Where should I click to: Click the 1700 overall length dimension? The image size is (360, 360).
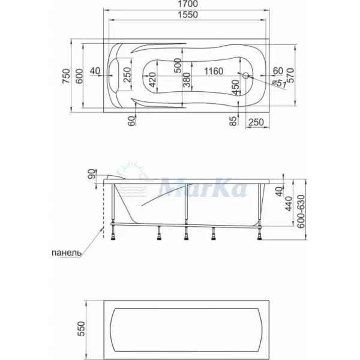click(x=188, y=4)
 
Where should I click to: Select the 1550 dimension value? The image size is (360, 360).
click(x=188, y=14)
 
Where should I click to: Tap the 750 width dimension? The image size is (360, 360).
click(x=66, y=76)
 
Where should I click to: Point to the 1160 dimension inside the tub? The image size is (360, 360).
click(x=214, y=71)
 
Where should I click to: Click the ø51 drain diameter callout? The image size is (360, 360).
click(x=278, y=83)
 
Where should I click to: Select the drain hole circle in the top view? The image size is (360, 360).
click(x=246, y=75)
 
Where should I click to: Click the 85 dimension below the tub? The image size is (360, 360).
click(x=233, y=121)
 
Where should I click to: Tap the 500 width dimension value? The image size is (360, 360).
click(x=178, y=65)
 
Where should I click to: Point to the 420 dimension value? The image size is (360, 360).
click(x=152, y=80)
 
